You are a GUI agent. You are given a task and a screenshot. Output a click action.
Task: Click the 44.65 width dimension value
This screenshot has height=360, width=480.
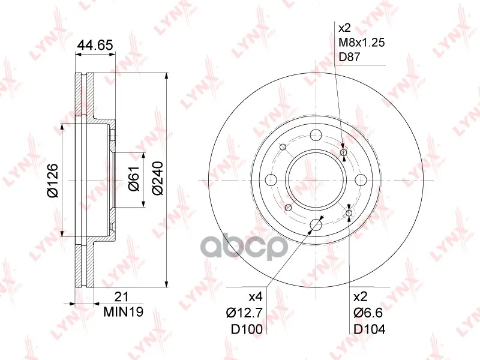95,45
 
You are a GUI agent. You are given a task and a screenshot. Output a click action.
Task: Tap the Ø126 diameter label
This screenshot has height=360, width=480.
52,181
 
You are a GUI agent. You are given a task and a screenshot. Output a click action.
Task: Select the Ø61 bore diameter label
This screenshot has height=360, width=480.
134,179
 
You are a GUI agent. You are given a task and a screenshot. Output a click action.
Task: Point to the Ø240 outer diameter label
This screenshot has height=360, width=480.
158,178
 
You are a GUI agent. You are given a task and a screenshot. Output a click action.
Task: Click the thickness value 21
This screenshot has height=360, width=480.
121,296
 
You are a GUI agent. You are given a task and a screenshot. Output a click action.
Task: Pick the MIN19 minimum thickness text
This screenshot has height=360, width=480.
124,312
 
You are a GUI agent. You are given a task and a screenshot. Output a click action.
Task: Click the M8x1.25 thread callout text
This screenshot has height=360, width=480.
361,42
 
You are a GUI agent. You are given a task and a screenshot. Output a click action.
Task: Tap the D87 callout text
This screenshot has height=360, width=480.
349,57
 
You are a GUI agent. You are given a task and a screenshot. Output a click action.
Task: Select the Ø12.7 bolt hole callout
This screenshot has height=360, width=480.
244,313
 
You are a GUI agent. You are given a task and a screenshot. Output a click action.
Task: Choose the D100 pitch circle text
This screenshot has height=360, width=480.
247,329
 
